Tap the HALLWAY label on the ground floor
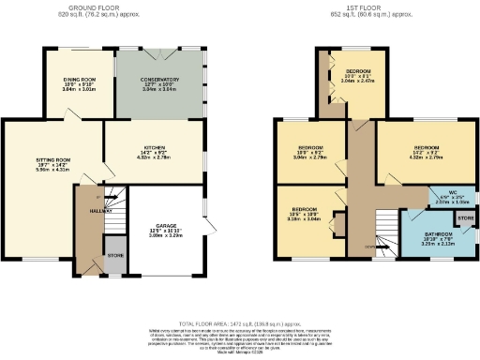(89, 212)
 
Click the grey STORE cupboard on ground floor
(113, 259)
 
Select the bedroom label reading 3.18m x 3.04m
(304, 214)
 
